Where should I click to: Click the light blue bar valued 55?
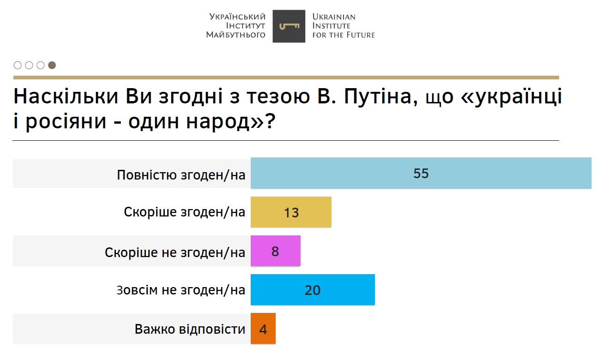pyautogui.click(x=421, y=173)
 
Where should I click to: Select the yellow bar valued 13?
pyautogui.click(x=291, y=212)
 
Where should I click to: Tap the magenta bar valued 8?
pyautogui.click(x=275, y=251)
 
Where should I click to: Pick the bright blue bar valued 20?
pyautogui.click(x=313, y=290)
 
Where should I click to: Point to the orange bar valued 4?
pyautogui.click(x=263, y=329)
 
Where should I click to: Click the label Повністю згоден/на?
pyautogui.click(x=181, y=175)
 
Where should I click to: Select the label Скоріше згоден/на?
pyautogui.click(x=184, y=212)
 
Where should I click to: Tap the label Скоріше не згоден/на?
pyautogui.click(x=175, y=252)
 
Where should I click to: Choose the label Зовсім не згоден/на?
pyautogui.click(x=181, y=290)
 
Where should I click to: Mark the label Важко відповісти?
pyautogui.click(x=190, y=329)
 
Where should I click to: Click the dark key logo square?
pyautogui.click(x=289, y=26)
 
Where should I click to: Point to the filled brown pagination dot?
pyautogui.click(x=52, y=65)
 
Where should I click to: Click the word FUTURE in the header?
pyautogui.click(x=360, y=35)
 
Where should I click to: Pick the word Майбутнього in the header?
pyautogui.click(x=235, y=35)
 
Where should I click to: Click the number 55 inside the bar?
pyautogui.click(x=421, y=174)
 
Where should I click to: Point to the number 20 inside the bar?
pyautogui.click(x=313, y=290)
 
